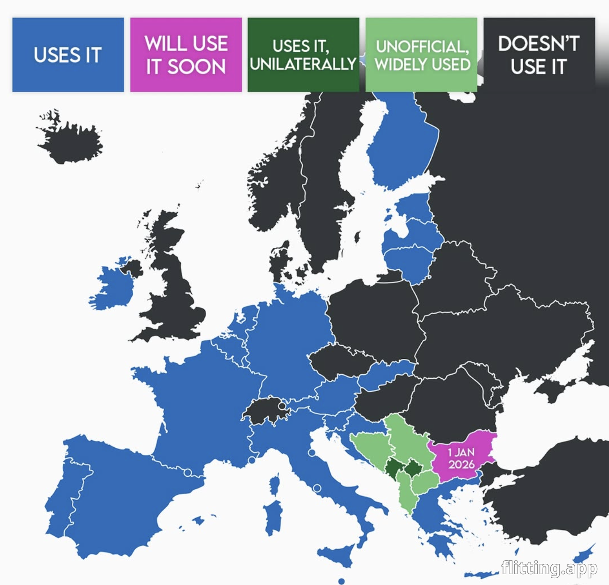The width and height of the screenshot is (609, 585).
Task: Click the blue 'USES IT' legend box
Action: pos(68,55)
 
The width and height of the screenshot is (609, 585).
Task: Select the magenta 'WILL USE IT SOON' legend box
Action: pos(186,55)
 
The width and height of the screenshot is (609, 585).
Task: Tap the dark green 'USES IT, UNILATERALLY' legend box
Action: pos(303,55)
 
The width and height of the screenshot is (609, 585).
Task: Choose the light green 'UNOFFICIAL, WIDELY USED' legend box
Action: pos(421,55)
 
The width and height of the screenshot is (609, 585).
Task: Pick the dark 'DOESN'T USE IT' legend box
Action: pos(539,55)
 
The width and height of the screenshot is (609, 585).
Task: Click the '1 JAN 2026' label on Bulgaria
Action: pos(461,458)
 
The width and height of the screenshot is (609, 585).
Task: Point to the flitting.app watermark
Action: pos(549,567)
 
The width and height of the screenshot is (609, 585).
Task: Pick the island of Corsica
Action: pos(275,485)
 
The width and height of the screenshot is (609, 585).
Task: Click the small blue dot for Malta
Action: pos(341,581)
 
